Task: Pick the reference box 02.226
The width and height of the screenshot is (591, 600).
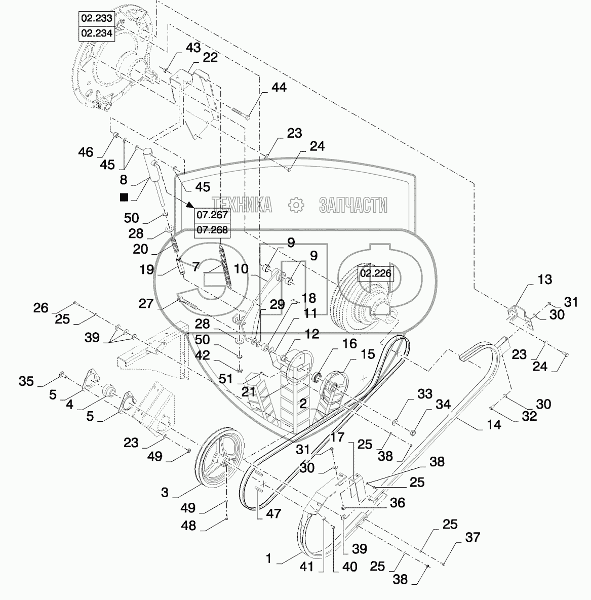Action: (x=375, y=275)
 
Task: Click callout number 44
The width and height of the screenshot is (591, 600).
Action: (x=278, y=88)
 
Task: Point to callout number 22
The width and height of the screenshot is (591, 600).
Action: (x=210, y=58)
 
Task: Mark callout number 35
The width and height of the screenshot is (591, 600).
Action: (x=27, y=381)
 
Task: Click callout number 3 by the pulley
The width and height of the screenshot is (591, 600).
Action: (x=165, y=493)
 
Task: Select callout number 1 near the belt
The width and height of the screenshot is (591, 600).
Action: (x=269, y=559)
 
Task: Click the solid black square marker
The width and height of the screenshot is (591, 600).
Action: (x=124, y=197)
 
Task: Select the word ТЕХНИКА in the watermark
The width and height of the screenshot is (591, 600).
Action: (x=243, y=205)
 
